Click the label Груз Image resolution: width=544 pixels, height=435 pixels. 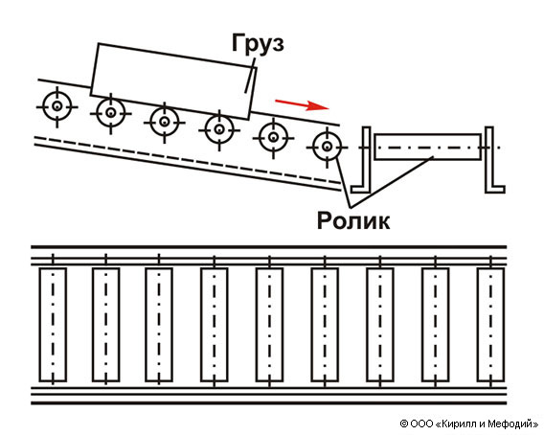click(258, 44)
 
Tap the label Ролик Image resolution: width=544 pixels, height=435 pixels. click(353, 220)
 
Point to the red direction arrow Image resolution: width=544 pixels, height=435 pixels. click(302, 104)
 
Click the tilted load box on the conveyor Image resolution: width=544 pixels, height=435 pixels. click(173, 81)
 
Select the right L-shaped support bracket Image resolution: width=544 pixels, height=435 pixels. click(489, 188)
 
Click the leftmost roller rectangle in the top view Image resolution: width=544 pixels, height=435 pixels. click(53, 325)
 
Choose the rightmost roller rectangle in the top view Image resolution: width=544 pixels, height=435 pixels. click(490, 325)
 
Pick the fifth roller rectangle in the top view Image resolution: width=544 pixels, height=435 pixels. click(269, 325)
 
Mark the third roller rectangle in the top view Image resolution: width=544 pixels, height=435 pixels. click(159, 325)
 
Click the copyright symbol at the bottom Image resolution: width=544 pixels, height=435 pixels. click(404, 424)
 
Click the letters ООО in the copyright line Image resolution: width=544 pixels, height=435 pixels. click(421, 424)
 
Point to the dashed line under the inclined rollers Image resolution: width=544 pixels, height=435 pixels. click(188, 160)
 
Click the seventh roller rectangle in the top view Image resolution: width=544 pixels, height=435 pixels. click(380, 325)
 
